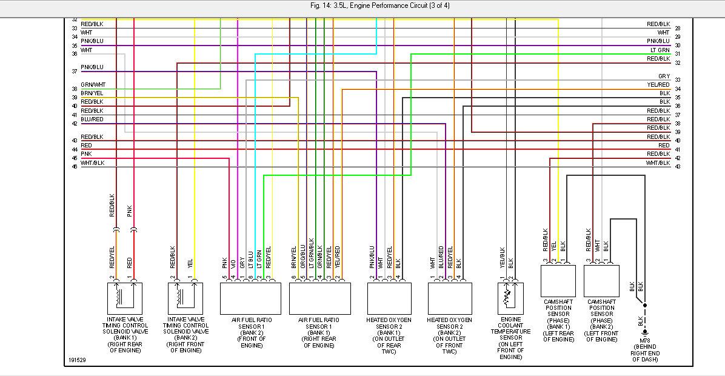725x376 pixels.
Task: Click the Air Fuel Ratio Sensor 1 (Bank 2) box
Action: [250, 297]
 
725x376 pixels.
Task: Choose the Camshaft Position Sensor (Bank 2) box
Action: [601, 280]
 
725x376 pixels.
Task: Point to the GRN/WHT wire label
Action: [93, 85]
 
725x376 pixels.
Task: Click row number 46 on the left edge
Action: [75, 166]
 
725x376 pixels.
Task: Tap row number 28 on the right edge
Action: [677, 29]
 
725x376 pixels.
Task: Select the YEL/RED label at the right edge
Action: [658, 85]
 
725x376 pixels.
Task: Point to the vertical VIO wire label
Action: [233, 263]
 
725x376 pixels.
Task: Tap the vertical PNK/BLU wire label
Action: [372, 257]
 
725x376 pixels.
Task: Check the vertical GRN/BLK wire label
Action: [320, 257]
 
